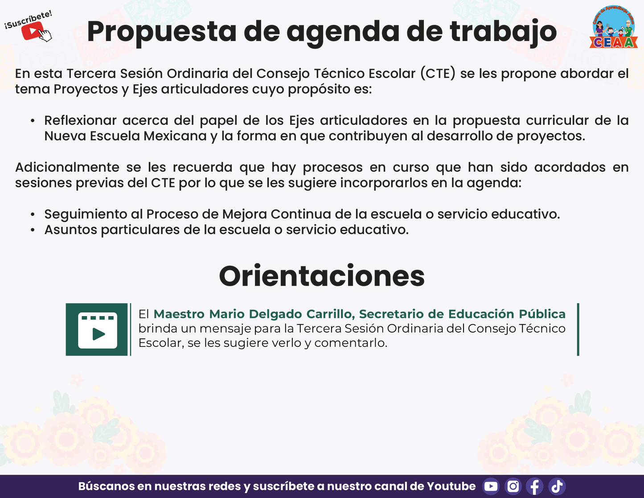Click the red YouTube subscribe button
click(32, 31)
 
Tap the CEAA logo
click(613, 27)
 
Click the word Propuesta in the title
click(162, 32)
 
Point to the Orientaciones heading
click(322, 276)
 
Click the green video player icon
click(97, 329)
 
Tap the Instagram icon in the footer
click(513, 486)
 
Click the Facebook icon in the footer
click(535, 486)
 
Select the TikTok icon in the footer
click(557, 486)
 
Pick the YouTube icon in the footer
click(491, 486)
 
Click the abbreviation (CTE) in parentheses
click(438, 74)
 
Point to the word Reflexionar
click(80, 120)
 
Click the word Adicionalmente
click(67, 167)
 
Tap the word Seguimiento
click(86, 214)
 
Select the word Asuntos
click(71, 230)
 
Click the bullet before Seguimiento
click(33, 214)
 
